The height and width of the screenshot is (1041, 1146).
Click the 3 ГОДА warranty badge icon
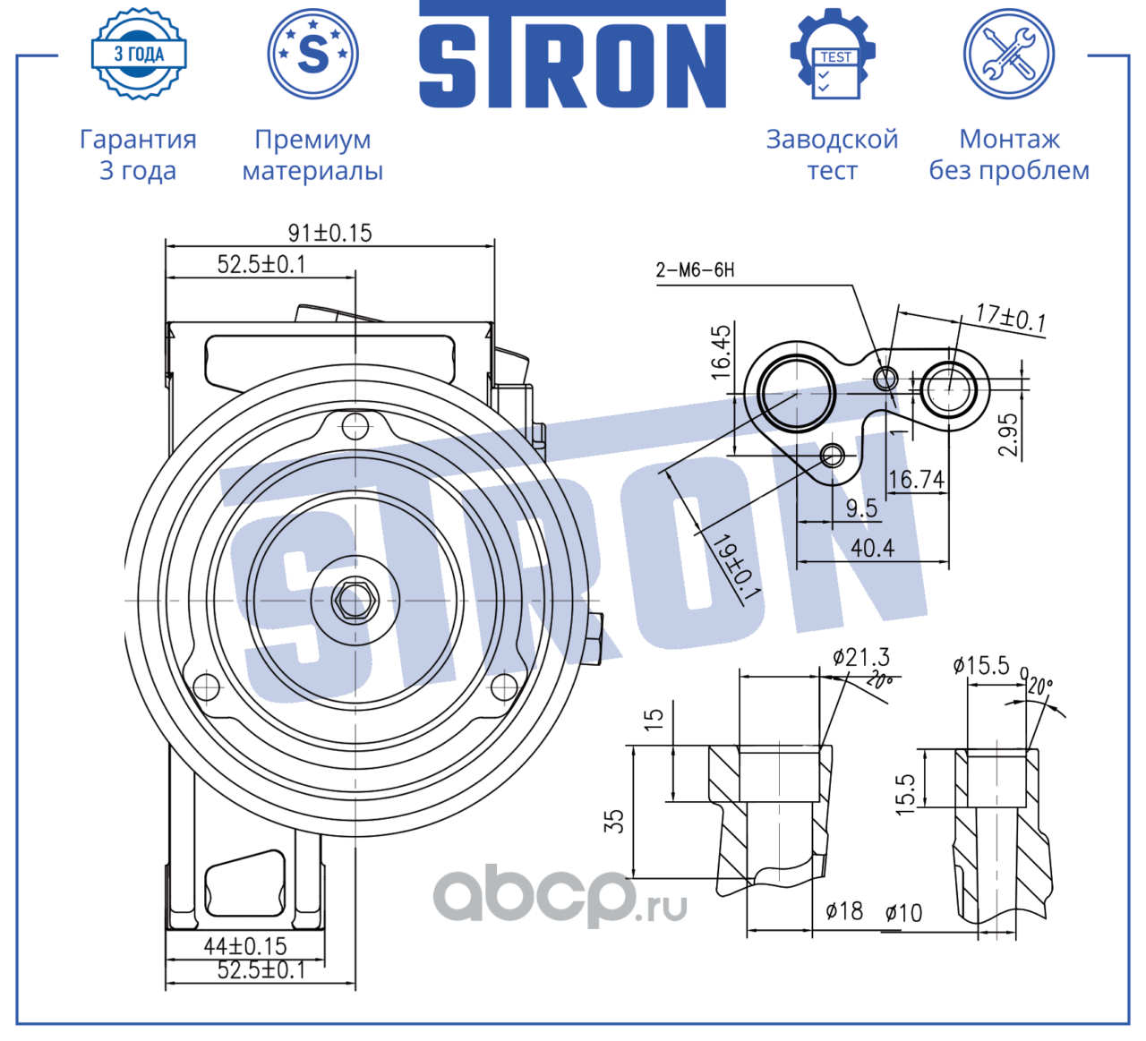(138, 54)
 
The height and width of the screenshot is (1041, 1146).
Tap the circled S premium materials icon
(312, 54)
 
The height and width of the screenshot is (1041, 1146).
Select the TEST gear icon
(833, 54)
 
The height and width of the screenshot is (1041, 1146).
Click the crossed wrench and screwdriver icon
(1008, 54)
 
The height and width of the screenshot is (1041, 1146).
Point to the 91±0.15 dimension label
(329, 233)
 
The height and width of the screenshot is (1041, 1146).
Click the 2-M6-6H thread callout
(695, 269)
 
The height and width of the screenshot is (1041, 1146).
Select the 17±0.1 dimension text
(1011, 318)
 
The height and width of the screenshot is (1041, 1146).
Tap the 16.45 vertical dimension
(721, 352)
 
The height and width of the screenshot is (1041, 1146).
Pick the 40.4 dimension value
(872, 548)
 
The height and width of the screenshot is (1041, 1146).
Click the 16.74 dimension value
(916, 479)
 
